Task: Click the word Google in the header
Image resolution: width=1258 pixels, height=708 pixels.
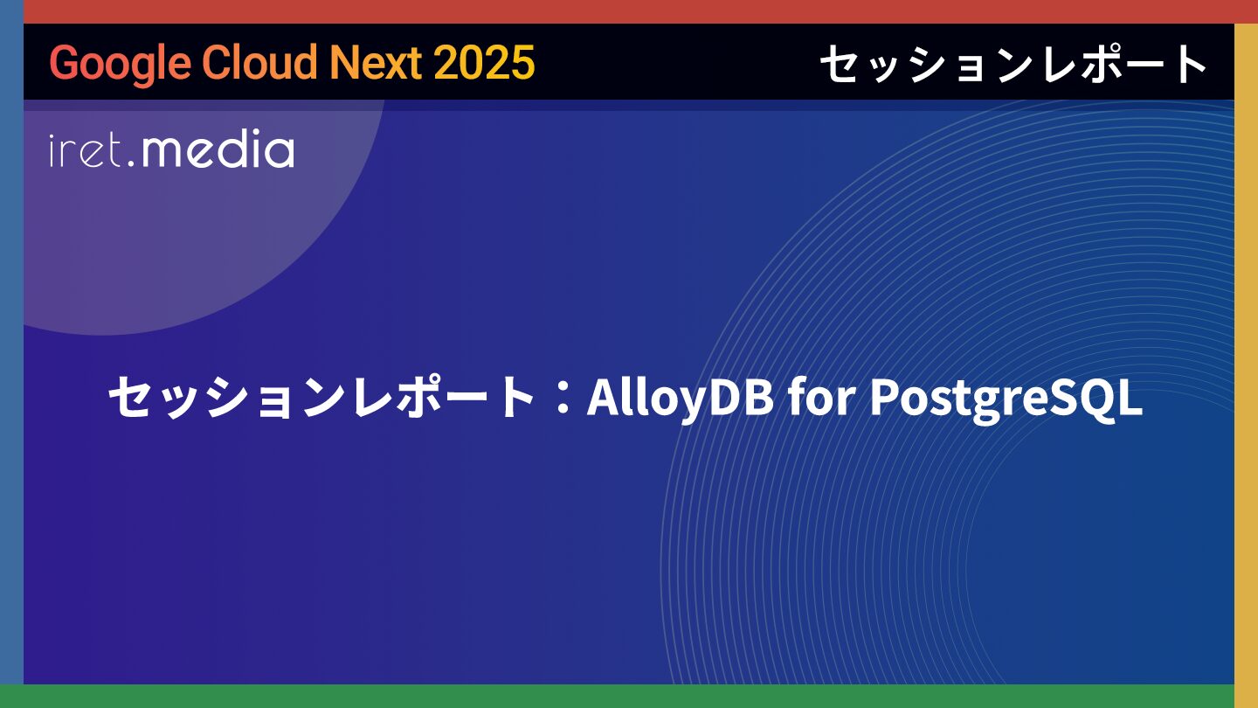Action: point(121,64)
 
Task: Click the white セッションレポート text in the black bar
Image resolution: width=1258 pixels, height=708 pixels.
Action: point(1014,64)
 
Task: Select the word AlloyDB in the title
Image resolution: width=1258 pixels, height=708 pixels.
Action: point(680,397)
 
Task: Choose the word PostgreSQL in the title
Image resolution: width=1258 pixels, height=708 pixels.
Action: point(1006,399)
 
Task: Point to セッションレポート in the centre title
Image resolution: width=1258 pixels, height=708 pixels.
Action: point(321,397)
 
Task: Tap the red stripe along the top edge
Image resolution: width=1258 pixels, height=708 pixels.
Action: point(629,12)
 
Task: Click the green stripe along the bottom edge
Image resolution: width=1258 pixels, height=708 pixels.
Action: point(629,696)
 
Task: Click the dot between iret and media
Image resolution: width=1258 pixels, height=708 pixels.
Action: point(131,163)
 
